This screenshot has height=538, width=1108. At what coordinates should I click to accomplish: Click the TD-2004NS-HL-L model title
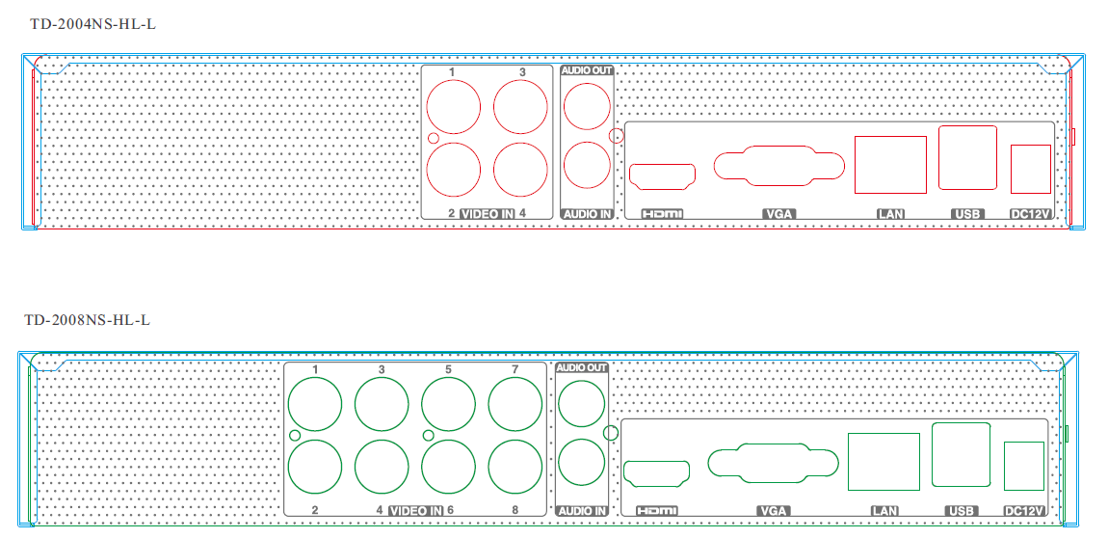[92, 24]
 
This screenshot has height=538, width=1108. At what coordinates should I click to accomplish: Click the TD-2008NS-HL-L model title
[87, 319]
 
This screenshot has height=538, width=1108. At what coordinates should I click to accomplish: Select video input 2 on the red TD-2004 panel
[454, 171]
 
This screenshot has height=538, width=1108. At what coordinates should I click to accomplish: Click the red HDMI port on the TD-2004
[662, 175]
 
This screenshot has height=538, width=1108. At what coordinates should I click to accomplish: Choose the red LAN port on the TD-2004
[890, 165]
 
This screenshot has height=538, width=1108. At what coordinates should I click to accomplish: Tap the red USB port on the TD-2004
[967, 158]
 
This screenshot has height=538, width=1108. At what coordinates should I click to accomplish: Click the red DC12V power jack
[1029, 169]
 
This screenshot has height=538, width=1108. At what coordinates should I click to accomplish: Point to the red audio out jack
[586, 105]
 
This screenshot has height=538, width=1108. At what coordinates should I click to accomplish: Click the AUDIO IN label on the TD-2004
[587, 213]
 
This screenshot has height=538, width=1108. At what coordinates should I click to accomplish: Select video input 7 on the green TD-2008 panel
[514, 404]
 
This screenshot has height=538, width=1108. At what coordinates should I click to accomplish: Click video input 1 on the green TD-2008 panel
[315, 404]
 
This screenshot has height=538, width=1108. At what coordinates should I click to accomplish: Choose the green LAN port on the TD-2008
[884, 462]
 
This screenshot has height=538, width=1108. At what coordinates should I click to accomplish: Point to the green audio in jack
[581, 463]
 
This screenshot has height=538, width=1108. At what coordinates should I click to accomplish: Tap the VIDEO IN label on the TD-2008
[416, 510]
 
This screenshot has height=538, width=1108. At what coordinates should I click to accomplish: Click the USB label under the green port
[962, 510]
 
